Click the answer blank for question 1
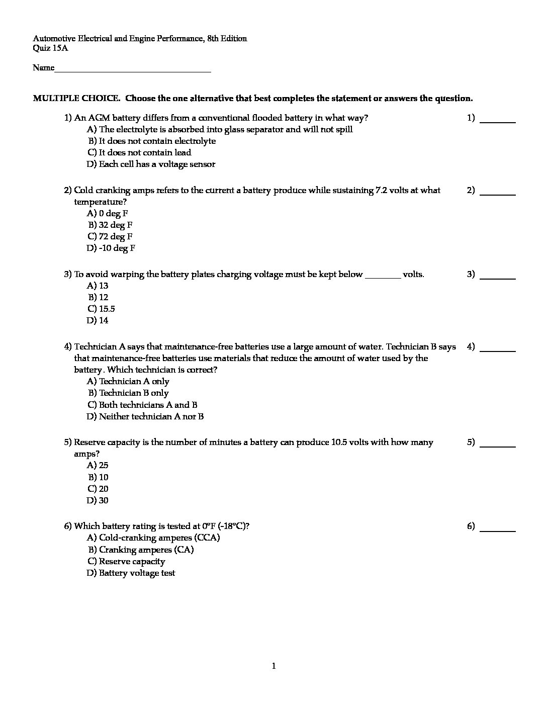pos(498,121)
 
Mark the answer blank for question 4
pos(498,349)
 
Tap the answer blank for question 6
pos(498,529)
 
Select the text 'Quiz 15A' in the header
pos(50,48)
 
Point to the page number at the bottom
pos(273,667)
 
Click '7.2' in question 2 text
pos(382,191)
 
